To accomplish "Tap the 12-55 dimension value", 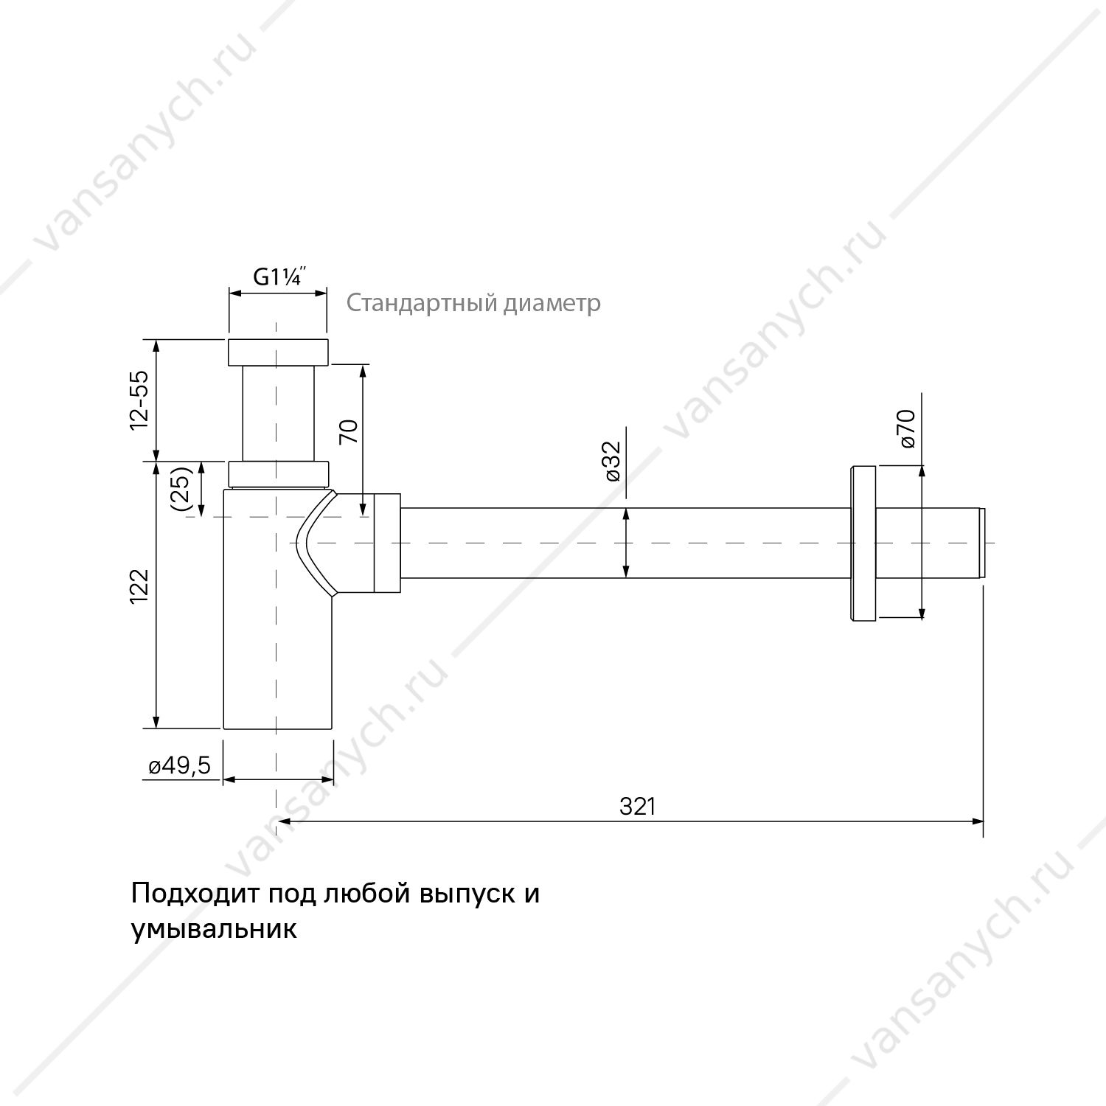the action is click(139, 400).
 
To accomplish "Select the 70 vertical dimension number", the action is click(348, 431).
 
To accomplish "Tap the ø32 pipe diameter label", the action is click(614, 461).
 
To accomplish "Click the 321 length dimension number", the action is click(637, 807).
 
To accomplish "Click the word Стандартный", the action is click(423, 303).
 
